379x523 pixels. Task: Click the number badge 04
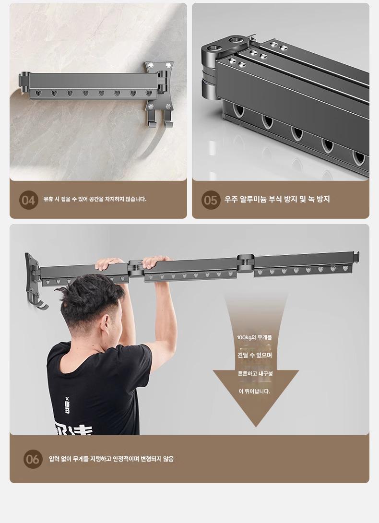(x=29, y=200)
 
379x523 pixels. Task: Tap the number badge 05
(x=211, y=200)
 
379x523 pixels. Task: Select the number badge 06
(x=33, y=459)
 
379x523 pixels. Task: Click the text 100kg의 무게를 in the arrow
(x=255, y=337)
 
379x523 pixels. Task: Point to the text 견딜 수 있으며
(x=255, y=355)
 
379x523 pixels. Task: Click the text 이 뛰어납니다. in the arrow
(x=255, y=391)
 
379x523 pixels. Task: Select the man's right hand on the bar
(x=155, y=261)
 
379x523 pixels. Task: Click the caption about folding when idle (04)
(x=95, y=199)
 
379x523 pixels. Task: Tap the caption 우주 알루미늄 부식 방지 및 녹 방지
(x=277, y=199)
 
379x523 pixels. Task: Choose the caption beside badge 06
(x=111, y=459)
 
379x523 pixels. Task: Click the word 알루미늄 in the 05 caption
(x=253, y=199)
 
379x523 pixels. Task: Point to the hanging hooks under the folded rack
(x=159, y=119)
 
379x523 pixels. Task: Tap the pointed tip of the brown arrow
(x=256, y=427)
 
